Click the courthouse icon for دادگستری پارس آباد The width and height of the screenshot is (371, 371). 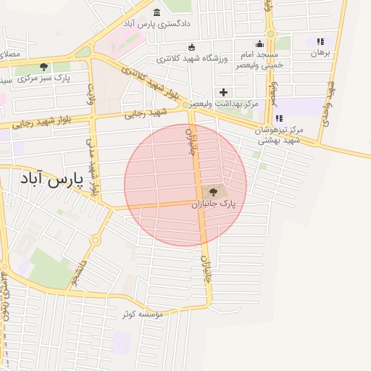[158, 12]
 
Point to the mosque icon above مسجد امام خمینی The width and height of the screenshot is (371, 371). [259, 44]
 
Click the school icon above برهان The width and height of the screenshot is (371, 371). [320, 42]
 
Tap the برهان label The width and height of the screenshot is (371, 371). [320, 53]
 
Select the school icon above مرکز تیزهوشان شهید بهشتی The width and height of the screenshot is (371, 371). [279, 118]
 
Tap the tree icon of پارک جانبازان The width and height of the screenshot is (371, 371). [213, 192]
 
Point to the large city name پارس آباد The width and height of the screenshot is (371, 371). [51, 178]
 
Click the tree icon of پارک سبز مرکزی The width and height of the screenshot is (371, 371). [44, 67]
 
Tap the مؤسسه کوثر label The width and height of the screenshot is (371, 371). [142, 314]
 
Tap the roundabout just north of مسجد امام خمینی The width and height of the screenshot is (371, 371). [270, 33]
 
